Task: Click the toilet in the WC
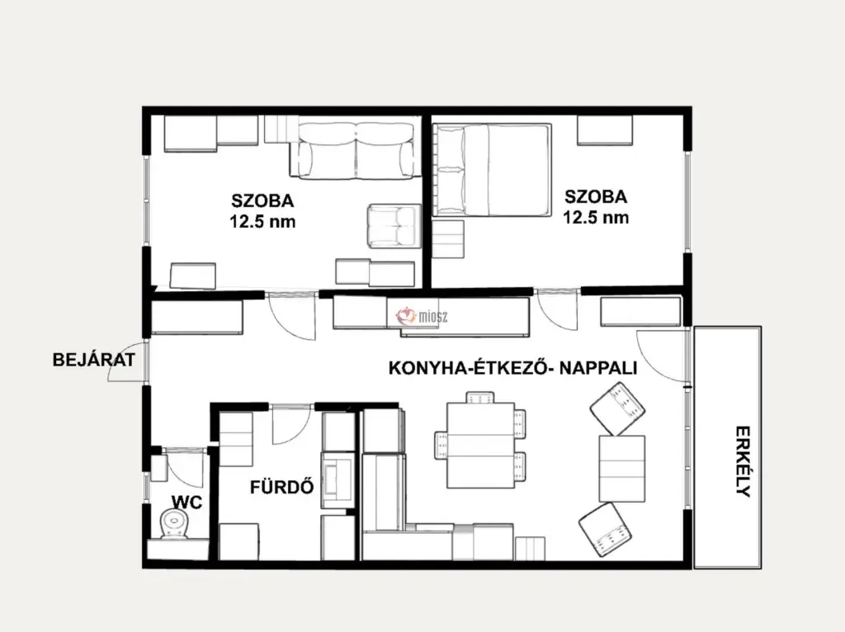tap(174, 525)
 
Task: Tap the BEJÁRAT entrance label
tap(94, 360)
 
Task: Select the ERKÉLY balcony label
tap(744, 461)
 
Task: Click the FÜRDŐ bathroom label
tap(282, 487)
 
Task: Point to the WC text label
tap(186, 502)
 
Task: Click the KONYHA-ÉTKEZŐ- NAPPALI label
tap(512, 368)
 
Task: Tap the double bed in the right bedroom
tap(492, 170)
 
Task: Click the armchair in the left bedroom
tap(394, 226)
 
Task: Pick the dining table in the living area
tap(481, 445)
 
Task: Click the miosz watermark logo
tap(422, 316)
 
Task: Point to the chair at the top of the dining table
tap(480, 397)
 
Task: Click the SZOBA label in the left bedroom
tap(262, 200)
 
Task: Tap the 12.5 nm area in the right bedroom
tap(596, 217)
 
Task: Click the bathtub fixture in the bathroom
tap(338, 480)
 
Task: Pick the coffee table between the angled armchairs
tap(622, 468)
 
